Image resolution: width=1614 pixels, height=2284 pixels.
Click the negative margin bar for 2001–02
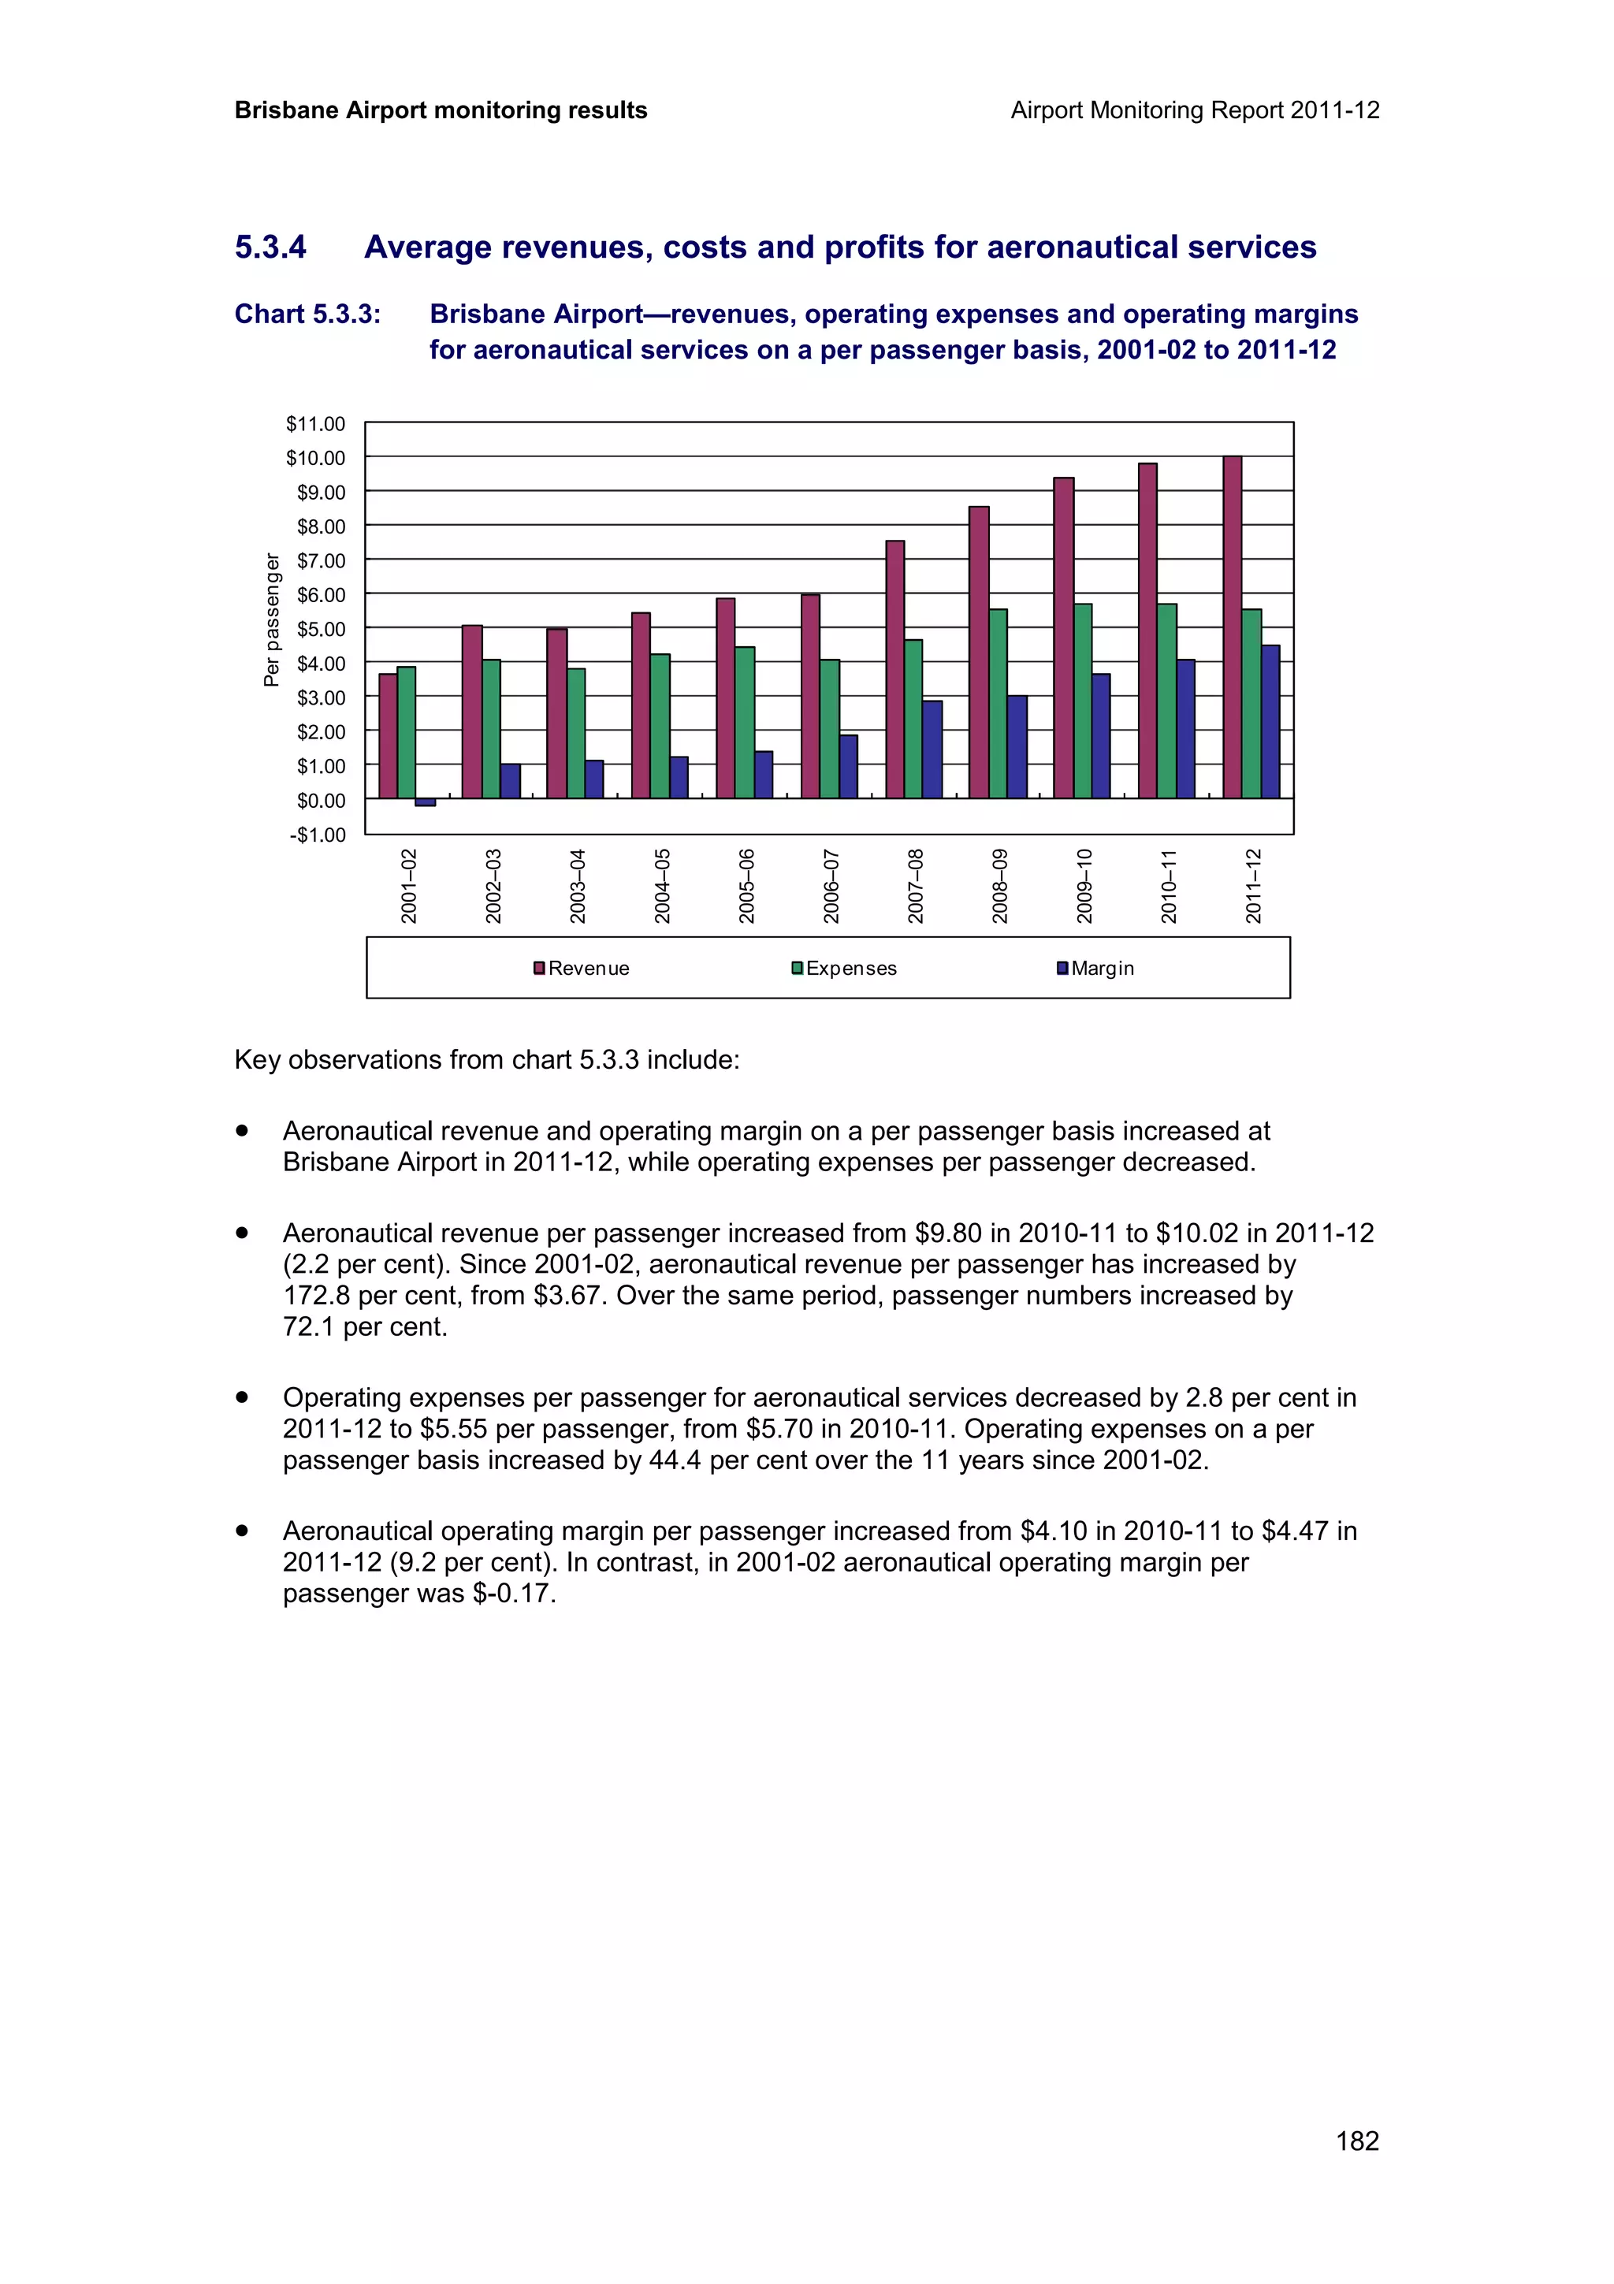pyautogui.click(x=425, y=802)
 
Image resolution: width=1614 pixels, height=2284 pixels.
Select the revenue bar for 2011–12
pyautogui.click(x=1232, y=627)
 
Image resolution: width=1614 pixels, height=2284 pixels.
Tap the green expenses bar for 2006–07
pyautogui.click(x=829, y=728)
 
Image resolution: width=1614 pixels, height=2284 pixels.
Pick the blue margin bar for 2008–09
pyautogui.click(x=1017, y=746)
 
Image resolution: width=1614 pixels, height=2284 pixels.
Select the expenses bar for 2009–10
pyautogui.click(x=1083, y=701)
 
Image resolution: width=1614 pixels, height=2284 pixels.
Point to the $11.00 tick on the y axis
pyautogui.click(x=315, y=424)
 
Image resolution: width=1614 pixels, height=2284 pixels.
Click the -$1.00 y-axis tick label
pyautogui.click(x=318, y=835)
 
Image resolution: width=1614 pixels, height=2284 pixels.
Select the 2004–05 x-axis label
pyautogui.click(x=662, y=885)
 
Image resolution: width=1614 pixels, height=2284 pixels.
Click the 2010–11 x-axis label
pyautogui.click(x=1169, y=885)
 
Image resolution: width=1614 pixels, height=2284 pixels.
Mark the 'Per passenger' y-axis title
pyautogui.click(x=271, y=619)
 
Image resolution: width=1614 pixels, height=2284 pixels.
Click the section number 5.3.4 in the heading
pyautogui.click(x=270, y=247)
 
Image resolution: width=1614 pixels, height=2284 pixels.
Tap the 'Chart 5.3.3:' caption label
pyautogui.click(x=307, y=314)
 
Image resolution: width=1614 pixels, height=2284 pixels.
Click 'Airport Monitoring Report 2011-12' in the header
pyautogui.click(x=1194, y=110)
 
